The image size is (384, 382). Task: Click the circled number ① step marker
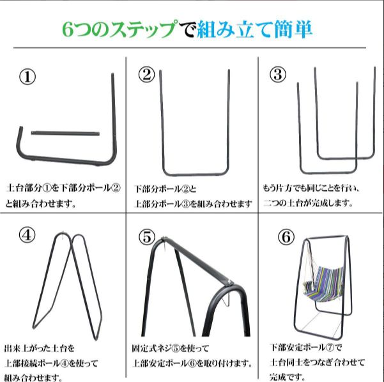(x=27, y=77)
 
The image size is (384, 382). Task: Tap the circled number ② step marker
(x=147, y=75)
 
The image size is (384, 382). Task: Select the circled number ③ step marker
(x=277, y=74)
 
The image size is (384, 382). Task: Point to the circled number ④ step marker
(x=27, y=235)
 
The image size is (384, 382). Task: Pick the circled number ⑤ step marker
(x=147, y=237)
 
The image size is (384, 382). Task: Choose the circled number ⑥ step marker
(x=286, y=236)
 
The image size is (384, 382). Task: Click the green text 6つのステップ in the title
(x=119, y=29)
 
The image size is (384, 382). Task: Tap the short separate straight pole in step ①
(x=63, y=133)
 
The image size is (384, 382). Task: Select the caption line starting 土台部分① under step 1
(x=63, y=190)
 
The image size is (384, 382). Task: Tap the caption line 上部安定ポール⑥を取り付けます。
(x=192, y=363)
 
